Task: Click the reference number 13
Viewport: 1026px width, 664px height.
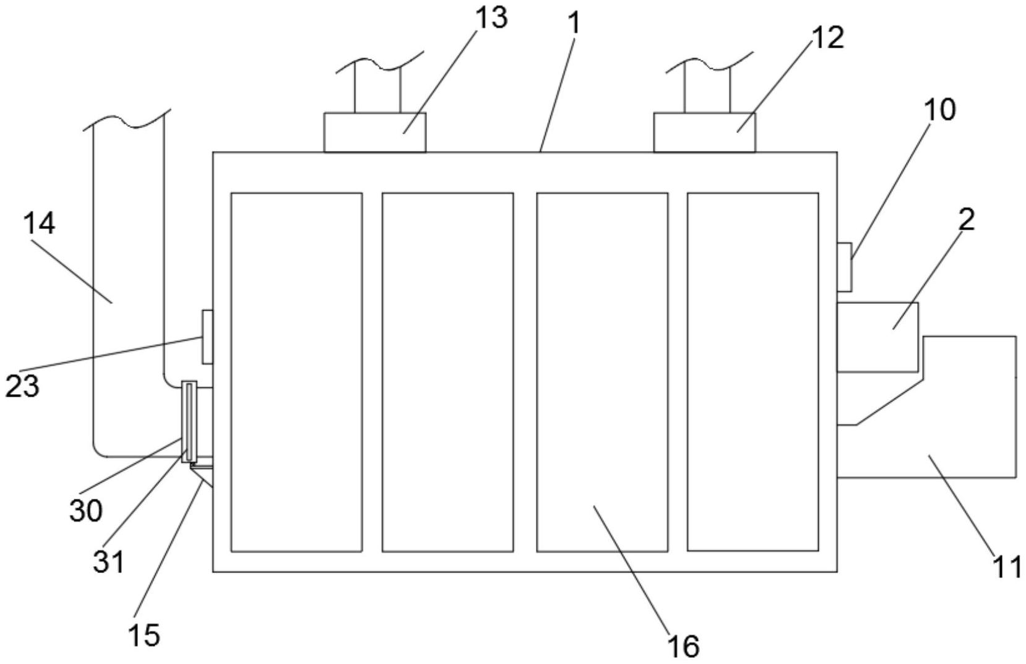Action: pyautogui.click(x=491, y=19)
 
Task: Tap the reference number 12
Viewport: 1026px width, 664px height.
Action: pyautogui.click(x=827, y=38)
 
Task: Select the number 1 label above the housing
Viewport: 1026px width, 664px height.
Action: pyautogui.click(x=575, y=24)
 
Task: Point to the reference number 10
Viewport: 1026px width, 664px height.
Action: pyautogui.click(x=939, y=110)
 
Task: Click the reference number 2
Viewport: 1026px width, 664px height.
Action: pyautogui.click(x=967, y=219)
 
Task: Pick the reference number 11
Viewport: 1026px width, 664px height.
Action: pyautogui.click(x=1007, y=567)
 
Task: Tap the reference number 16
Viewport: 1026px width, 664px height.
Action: pyautogui.click(x=684, y=646)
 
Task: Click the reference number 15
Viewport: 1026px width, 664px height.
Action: pyautogui.click(x=144, y=635)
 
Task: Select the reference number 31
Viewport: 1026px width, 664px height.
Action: pyautogui.click(x=109, y=562)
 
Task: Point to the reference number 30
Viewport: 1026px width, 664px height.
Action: pyautogui.click(x=85, y=511)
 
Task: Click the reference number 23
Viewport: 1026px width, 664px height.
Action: pyautogui.click(x=22, y=386)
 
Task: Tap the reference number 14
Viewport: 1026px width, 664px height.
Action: pyautogui.click(x=40, y=223)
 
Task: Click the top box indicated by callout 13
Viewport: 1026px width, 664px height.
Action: pyautogui.click(x=375, y=132)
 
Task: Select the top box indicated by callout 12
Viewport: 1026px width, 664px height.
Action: pyautogui.click(x=704, y=132)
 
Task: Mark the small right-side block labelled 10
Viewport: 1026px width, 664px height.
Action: pyautogui.click(x=844, y=267)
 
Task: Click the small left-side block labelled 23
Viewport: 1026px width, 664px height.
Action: pyautogui.click(x=208, y=337)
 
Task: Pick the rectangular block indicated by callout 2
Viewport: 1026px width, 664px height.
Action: pyautogui.click(x=877, y=337)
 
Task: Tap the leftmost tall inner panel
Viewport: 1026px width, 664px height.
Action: pyautogui.click(x=296, y=371)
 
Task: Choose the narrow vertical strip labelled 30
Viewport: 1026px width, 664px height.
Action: pyautogui.click(x=188, y=421)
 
